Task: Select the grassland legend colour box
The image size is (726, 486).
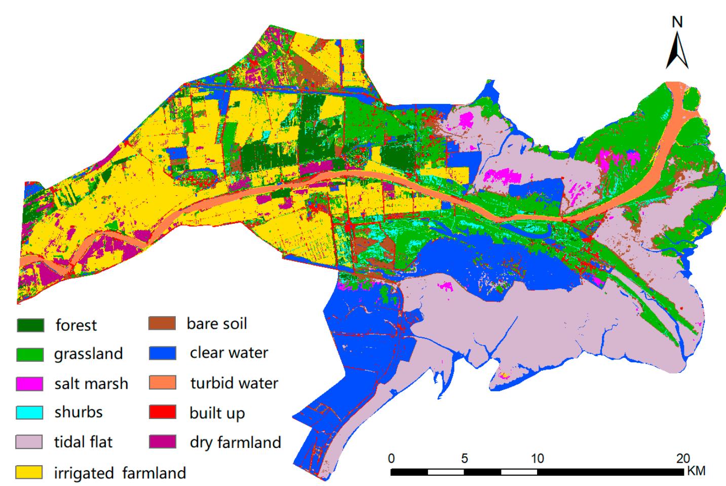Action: tap(30, 354)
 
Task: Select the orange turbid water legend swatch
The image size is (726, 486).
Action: tap(163, 383)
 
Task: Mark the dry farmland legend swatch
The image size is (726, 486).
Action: tap(163, 442)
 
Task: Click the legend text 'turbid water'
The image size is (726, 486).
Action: tap(234, 383)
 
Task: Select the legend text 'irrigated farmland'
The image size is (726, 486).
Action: tap(120, 473)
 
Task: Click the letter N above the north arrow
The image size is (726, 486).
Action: tap(677, 22)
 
